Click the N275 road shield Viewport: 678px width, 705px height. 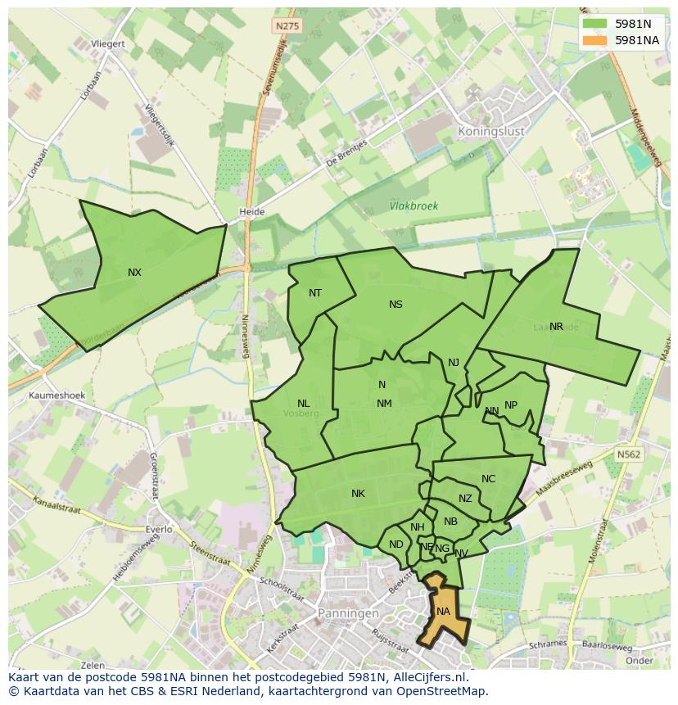click(287, 26)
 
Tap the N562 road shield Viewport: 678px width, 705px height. click(629, 454)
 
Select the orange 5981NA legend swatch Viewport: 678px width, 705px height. click(595, 40)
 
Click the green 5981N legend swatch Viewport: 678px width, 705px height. click(595, 24)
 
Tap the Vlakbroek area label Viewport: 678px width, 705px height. click(414, 206)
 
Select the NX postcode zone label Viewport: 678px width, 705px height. click(134, 273)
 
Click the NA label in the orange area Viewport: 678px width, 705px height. click(443, 612)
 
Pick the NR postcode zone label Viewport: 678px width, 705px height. click(556, 327)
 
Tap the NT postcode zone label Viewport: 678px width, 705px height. click(315, 293)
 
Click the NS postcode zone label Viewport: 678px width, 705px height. click(395, 305)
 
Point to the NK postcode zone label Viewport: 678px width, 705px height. click(358, 494)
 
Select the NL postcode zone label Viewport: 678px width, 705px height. click(303, 404)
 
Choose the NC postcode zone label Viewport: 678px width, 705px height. click(488, 480)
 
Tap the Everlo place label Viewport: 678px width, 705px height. click(159, 529)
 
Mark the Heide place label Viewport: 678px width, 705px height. click(251, 212)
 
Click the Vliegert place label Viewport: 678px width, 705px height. click(108, 43)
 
